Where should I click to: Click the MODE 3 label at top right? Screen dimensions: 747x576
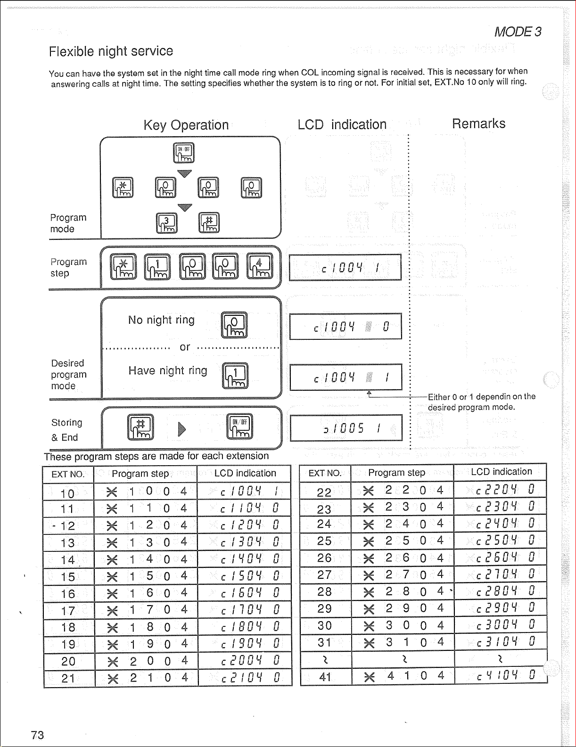pos(518,32)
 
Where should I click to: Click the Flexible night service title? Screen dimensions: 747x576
pos(111,51)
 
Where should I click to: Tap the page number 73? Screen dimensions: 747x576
pos(37,735)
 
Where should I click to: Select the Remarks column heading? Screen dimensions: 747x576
pos(478,123)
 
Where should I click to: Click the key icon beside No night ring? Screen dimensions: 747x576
pos(234,325)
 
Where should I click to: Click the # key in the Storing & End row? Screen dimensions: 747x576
pos(140,427)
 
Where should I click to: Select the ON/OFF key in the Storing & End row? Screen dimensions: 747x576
pos(240,426)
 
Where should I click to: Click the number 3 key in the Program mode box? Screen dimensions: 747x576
pos(166,223)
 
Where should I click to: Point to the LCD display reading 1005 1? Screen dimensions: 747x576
pos(346,428)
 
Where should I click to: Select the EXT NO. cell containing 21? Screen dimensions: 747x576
pos(68,678)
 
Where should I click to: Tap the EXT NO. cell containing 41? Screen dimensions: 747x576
pos(325,677)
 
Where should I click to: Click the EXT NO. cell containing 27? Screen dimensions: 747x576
pos(325,575)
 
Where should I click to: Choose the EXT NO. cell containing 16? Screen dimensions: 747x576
pos(68,594)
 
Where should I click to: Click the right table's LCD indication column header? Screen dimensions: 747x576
pos(501,472)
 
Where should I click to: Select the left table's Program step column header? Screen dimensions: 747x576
pos(140,474)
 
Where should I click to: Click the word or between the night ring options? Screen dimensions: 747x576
pos(185,347)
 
